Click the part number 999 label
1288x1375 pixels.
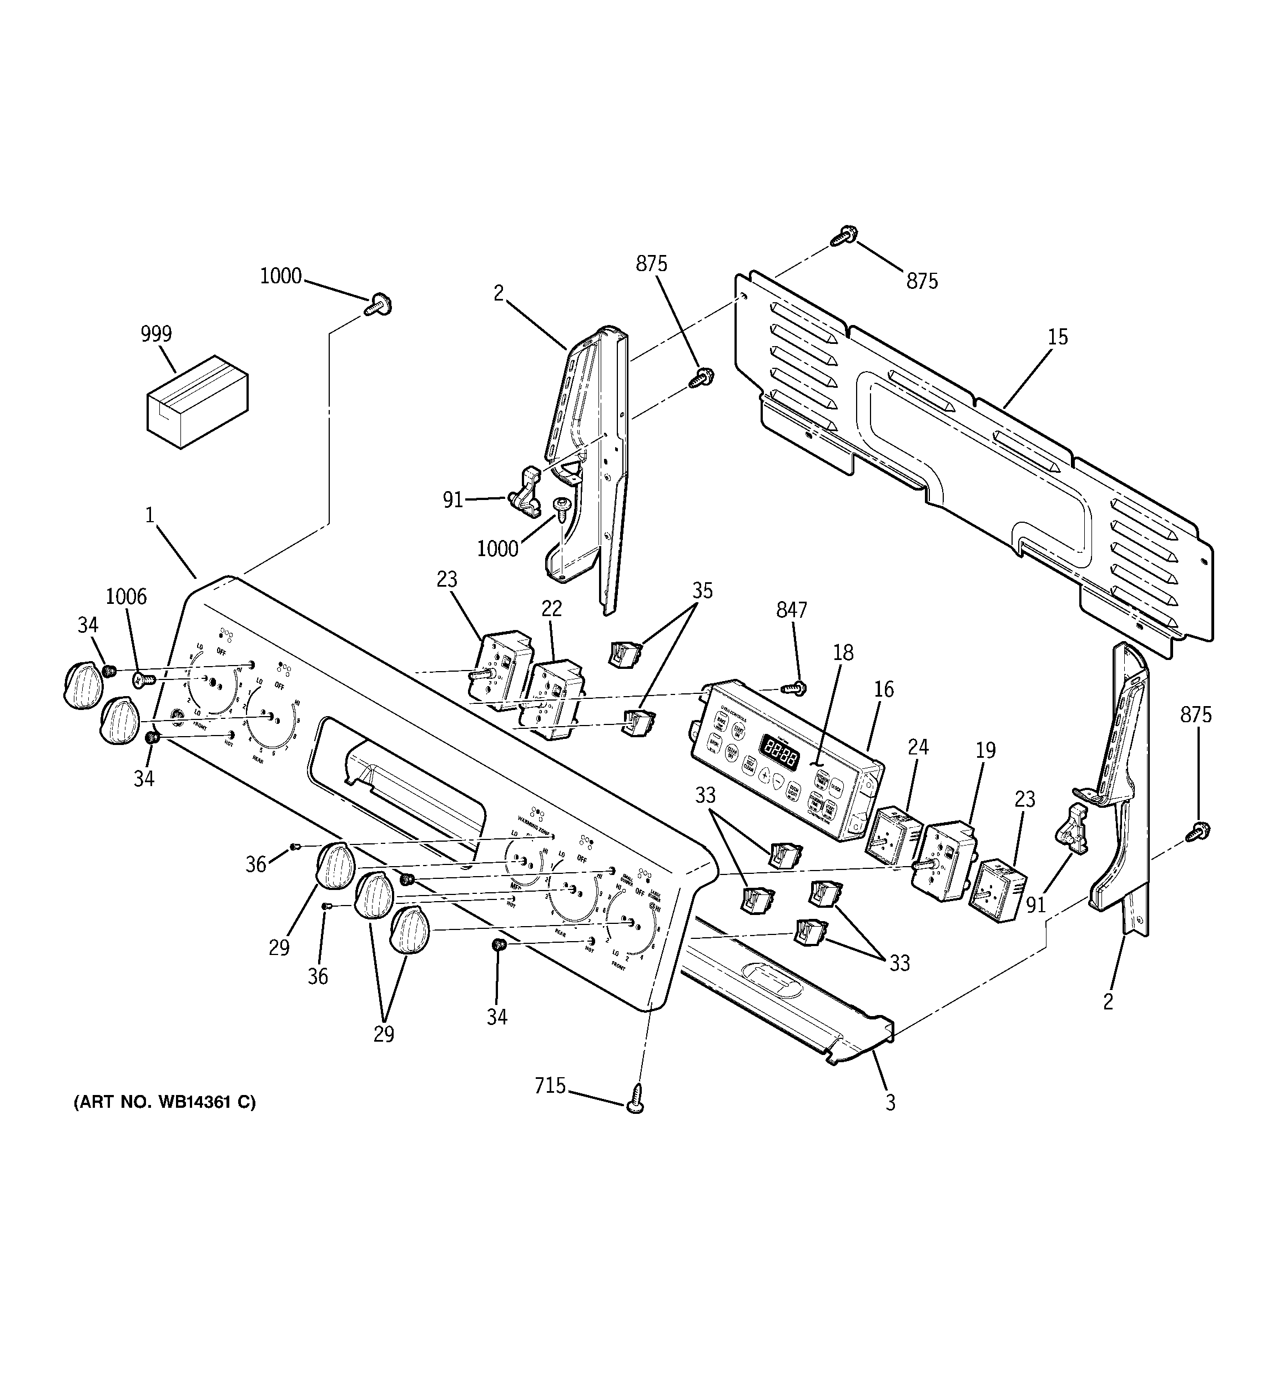coord(156,334)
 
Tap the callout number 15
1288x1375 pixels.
coord(1057,338)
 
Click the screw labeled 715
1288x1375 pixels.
coord(635,1105)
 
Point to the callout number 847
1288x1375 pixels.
coord(791,610)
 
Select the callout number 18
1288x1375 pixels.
coord(843,652)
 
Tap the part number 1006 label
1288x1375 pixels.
coord(126,596)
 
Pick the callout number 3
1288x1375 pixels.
coord(890,1102)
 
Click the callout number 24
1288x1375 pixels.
coord(918,747)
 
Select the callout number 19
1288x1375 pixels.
coord(985,750)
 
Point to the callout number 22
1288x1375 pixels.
coord(551,609)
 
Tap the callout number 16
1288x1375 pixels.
coord(883,689)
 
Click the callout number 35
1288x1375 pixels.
coord(702,591)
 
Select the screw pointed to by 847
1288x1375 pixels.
coord(795,688)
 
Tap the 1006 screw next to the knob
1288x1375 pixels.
coord(143,681)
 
